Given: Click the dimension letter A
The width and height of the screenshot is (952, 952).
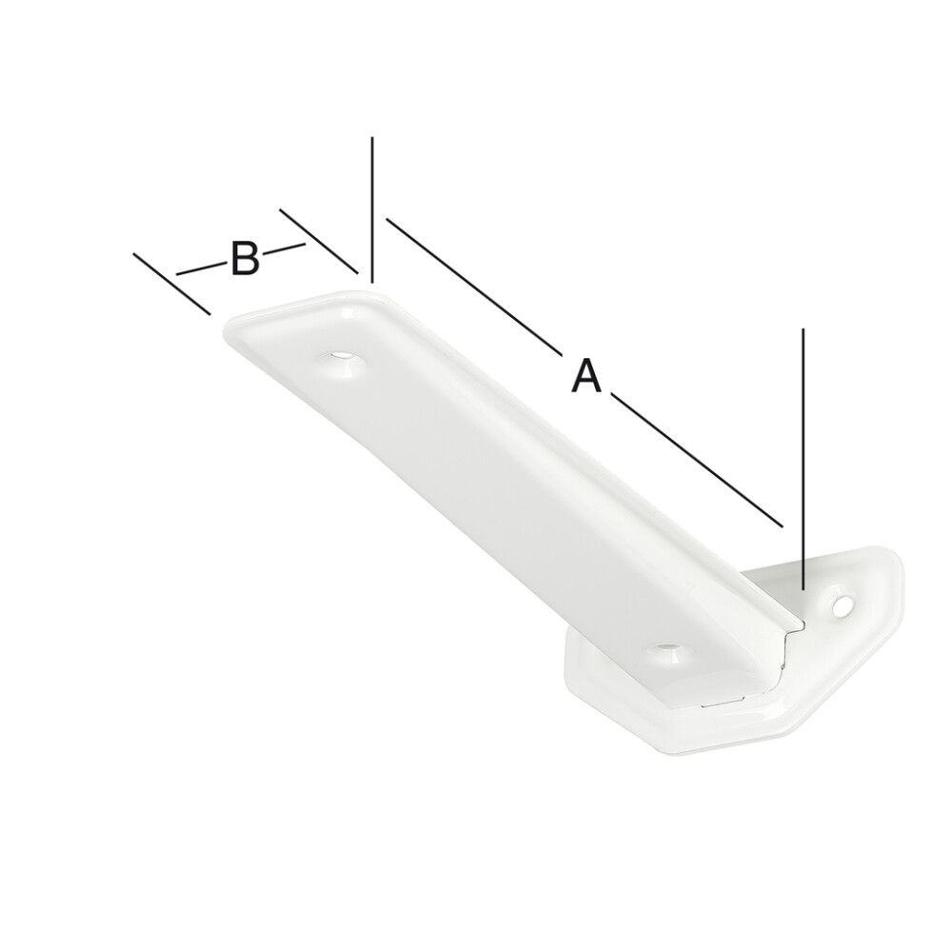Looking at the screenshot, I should (586, 374).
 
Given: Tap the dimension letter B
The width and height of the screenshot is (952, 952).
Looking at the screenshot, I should (245, 259).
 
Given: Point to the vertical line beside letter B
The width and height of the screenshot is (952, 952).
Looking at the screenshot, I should (373, 209).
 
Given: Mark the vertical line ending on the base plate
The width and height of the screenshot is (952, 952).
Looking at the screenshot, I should (804, 457).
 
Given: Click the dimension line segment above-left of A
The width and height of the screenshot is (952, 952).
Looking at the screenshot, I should (471, 282).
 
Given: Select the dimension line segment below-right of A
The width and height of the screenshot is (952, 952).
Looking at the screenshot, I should (695, 459).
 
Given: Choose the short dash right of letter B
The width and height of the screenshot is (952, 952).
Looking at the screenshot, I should (284, 250).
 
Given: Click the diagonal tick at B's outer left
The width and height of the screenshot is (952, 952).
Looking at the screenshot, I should (171, 283).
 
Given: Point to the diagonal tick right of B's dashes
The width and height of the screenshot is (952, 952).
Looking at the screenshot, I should (319, 242).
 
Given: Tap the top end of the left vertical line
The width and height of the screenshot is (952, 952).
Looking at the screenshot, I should (373, 139).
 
